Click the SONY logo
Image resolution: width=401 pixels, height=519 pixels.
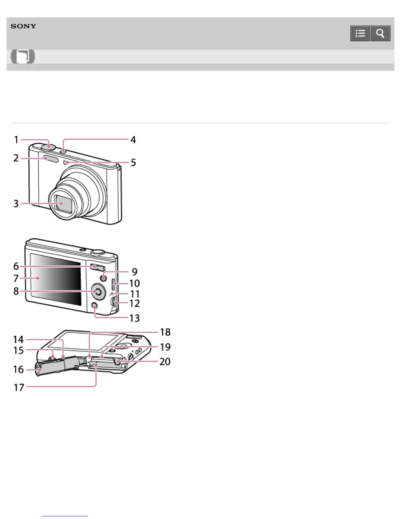(23, 26)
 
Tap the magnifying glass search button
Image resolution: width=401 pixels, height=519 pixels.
(380, 33)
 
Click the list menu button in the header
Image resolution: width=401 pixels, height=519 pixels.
(360, 33)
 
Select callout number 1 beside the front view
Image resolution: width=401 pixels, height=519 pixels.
(16, 140)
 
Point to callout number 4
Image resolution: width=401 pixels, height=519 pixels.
(133, 140)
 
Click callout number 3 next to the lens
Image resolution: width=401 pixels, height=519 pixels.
(16, 203)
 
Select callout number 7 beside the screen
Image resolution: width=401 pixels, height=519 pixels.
(16, 278)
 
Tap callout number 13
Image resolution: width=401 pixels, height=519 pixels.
(134, 318)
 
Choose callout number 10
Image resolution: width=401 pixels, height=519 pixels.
(134, 283)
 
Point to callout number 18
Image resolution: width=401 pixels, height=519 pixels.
(165, 332)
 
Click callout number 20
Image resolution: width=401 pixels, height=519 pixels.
(165, 361)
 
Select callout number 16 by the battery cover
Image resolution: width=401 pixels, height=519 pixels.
(18, 369)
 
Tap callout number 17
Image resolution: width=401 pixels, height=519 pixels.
(19, 387)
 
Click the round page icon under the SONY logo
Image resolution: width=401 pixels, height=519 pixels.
(23, 56)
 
